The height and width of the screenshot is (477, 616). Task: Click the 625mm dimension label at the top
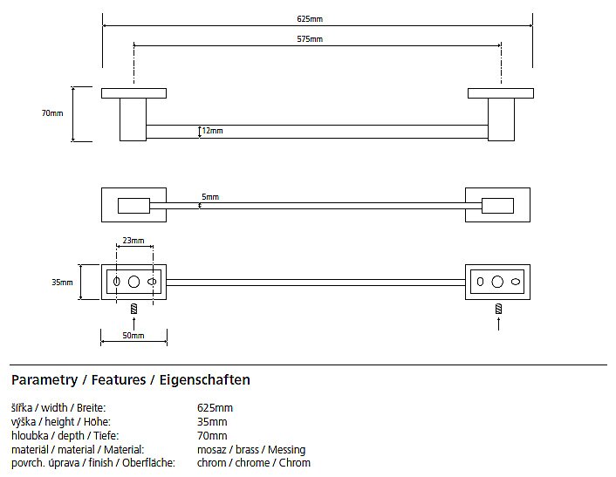point(310,18)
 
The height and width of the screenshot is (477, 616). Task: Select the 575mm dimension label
point(310,39)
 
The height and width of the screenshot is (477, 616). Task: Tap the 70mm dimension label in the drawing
point(52,113)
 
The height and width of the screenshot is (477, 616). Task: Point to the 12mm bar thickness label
point(212,131)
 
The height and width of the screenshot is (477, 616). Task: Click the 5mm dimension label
point(210,197)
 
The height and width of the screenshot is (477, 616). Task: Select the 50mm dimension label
point(133,335)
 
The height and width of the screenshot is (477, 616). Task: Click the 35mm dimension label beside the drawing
point(62,283)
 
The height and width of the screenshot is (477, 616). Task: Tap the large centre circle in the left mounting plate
point(134,283)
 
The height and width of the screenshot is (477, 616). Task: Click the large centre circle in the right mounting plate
point(497,283)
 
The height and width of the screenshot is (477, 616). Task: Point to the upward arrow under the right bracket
point(498,324)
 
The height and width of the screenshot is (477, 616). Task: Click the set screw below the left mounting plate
point(134,309)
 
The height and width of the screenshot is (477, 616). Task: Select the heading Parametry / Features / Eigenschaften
point(131,380)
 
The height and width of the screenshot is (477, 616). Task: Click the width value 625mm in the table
point(216,408)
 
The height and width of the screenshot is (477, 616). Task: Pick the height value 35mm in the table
point(213,422)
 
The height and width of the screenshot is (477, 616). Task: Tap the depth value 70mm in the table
point(213,435)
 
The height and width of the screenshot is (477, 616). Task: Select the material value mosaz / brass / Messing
point(251,449)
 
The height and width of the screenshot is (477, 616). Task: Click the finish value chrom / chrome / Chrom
point(254,463)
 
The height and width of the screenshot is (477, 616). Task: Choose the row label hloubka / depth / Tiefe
point(64,435)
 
